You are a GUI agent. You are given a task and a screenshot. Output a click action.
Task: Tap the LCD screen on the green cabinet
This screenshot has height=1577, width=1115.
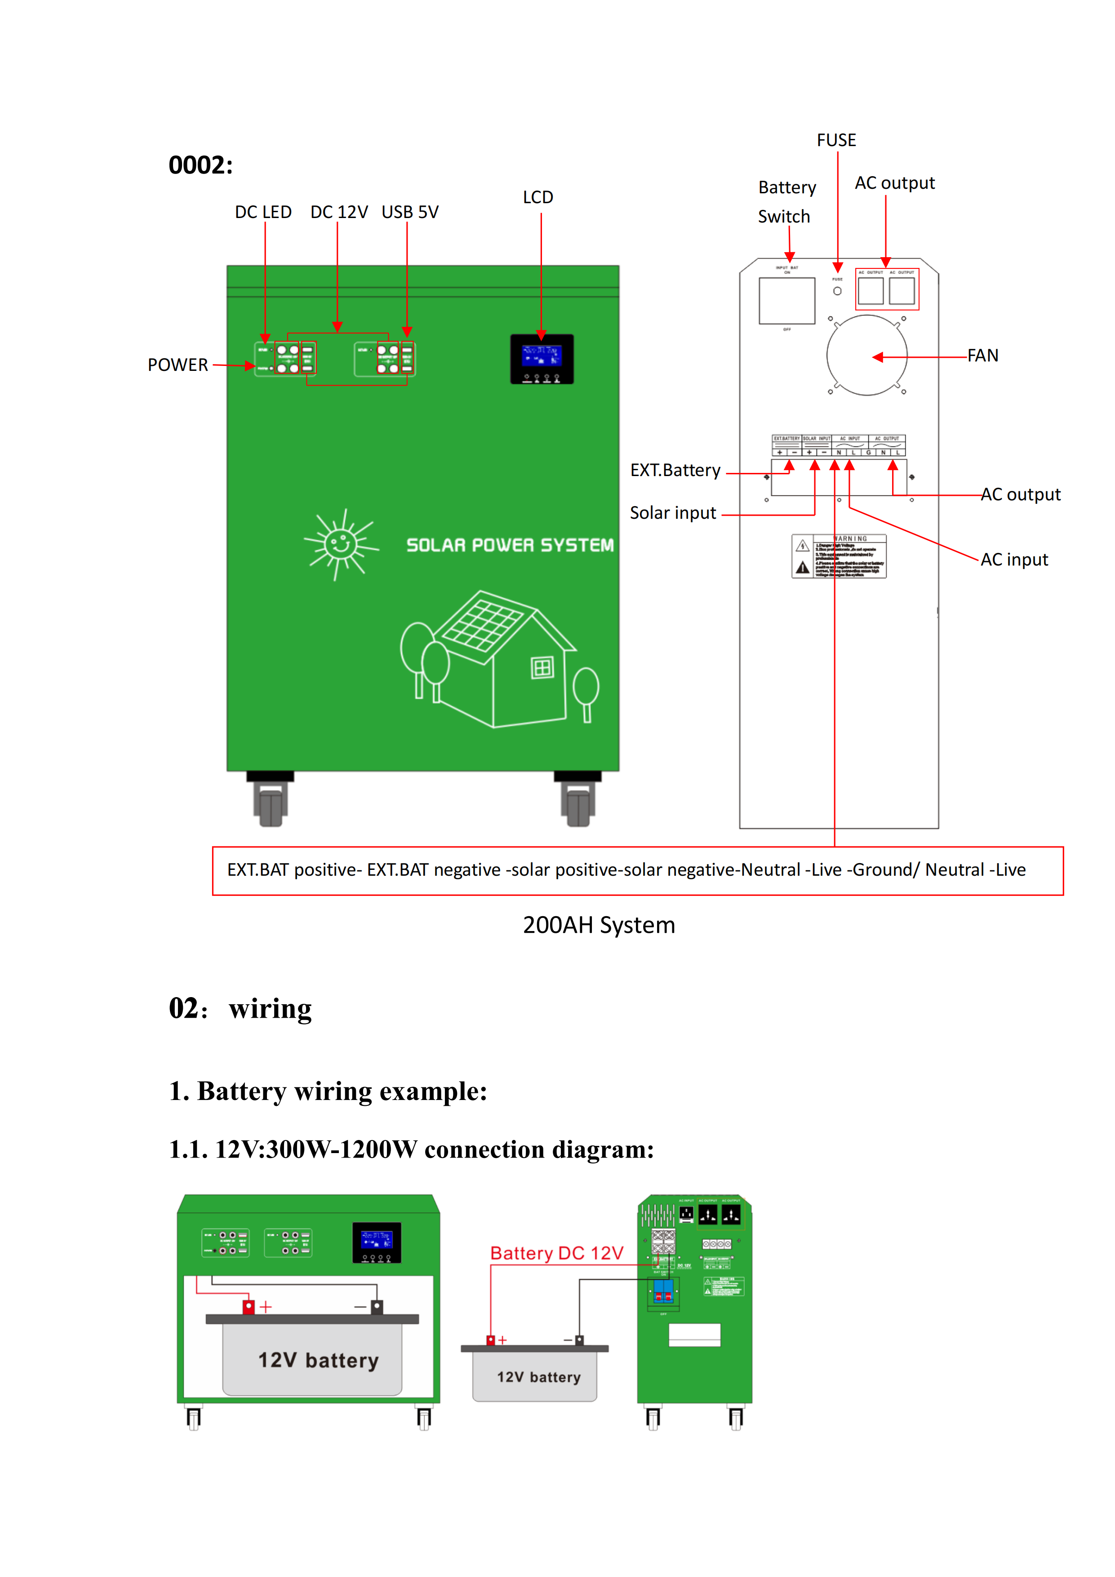pos(541,357)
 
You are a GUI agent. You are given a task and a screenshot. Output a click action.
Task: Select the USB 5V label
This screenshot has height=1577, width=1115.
pos(410,212)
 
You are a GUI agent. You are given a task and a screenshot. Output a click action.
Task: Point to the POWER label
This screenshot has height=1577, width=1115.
pos(178,365)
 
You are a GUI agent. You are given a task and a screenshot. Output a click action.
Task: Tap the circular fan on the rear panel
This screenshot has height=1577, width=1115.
pos(866,355)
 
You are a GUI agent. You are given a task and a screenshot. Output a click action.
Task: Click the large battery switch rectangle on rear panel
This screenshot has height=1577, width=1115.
pos(787,300)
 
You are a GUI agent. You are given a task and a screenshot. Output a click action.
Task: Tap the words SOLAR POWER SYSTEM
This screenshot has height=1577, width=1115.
pos(510,545)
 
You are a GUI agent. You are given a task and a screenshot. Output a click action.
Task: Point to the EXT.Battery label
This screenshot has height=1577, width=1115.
pos(675,471)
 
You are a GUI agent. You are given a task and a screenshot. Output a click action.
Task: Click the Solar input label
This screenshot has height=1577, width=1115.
pos(673,513)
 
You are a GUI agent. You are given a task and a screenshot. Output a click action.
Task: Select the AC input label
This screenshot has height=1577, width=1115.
pos(1014,560)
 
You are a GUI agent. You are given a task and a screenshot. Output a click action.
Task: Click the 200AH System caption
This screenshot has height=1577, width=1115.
pos(599,925)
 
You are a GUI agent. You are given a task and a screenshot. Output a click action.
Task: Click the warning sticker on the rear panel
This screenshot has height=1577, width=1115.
pos(839,557)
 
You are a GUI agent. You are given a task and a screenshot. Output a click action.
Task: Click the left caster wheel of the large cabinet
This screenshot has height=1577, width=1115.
pos(271,804)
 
